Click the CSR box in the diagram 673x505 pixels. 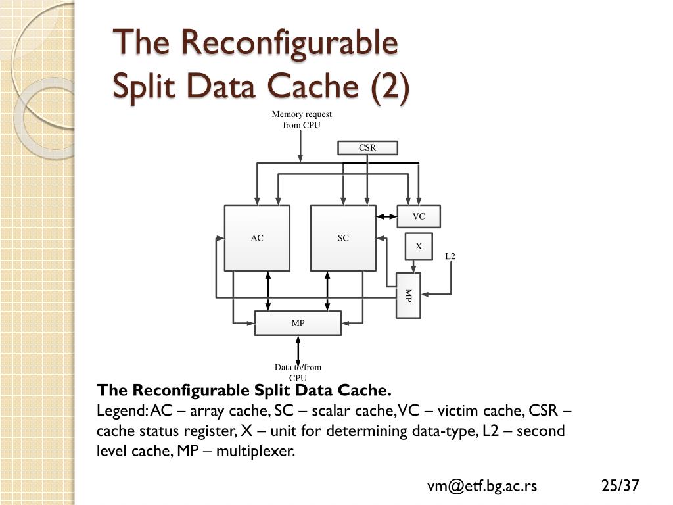(x=367, y=148)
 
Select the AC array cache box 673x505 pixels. (x=257, y=238)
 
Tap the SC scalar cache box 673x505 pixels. (x=343, y=238)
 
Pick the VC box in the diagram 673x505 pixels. (x=419, y=216)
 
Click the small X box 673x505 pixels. (x=418, y=247)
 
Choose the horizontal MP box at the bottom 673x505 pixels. (x=298, y=324)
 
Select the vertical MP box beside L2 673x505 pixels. (x=407, y=295)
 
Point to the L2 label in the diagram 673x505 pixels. (x=450, y=256)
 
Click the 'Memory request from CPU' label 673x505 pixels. (x=302, y=120)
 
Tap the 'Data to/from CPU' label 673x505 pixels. (x=298, y=372)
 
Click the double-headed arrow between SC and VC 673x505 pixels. (x=387, y=216)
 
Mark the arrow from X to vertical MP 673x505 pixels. (x=413, y=266)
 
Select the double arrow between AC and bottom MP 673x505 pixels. (x=268, y=291)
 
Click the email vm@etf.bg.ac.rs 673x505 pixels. (x=482, y=486)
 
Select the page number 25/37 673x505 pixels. (x=620, y=486)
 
